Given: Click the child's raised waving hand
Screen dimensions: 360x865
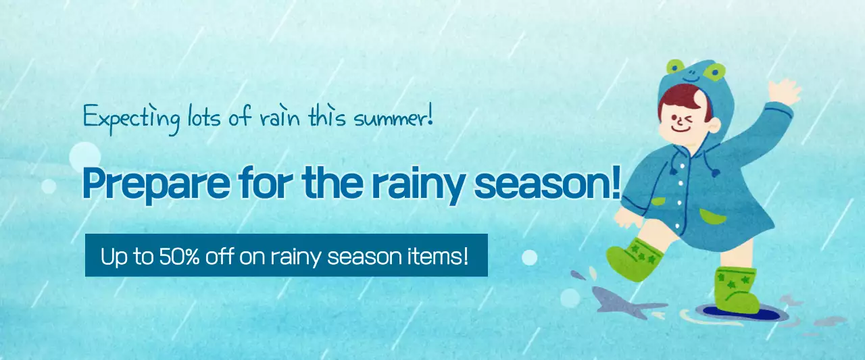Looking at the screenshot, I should pos(783,91).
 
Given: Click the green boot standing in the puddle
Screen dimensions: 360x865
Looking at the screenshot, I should pos(736,290).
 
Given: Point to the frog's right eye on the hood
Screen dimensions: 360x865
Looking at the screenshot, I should pos(714,70).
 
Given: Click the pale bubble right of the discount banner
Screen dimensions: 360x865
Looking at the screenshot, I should pos(530,257).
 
